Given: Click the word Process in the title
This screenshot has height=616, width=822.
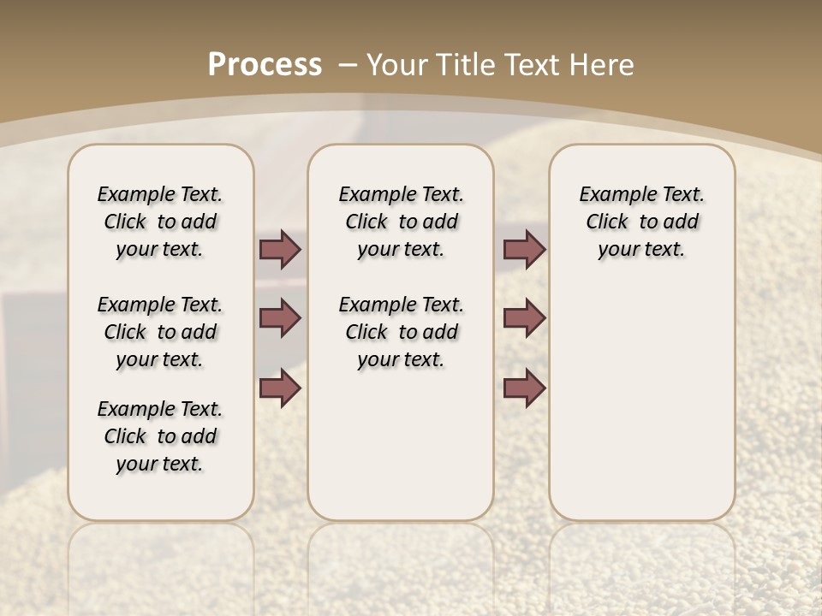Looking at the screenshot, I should pos(265,64).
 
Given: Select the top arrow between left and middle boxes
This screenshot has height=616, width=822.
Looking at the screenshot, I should pos(280,249).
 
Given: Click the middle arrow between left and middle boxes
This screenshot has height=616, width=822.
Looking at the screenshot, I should pos(280,318).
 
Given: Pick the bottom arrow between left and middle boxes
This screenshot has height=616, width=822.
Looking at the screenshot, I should pos(280,388).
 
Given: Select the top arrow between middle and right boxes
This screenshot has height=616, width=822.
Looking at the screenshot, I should pos(524,249).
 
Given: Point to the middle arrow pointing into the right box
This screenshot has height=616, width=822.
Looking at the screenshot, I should pos(524,318).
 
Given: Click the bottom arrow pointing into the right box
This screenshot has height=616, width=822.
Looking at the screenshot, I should pos(524,388).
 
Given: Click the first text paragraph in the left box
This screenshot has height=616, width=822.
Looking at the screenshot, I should pos(160,222).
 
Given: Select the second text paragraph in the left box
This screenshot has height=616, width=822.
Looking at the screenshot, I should pos(160,332).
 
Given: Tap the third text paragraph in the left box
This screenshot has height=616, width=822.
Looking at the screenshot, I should pos(160,436).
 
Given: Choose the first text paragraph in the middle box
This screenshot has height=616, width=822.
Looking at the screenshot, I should pos(401,222).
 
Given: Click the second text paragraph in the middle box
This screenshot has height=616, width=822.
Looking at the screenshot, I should pos(401,332).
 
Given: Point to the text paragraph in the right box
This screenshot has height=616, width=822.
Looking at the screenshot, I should pos(641,222).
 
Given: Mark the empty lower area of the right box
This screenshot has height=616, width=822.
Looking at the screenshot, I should pos(641,402).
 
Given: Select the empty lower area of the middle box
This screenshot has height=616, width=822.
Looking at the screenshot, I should pos(401,445).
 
